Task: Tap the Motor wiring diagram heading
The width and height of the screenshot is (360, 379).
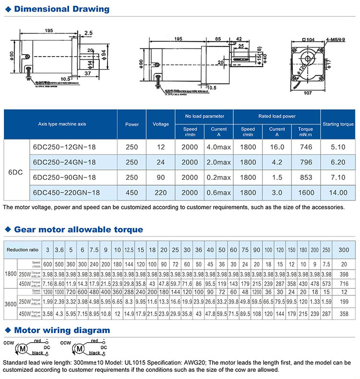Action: (x=62, y=330)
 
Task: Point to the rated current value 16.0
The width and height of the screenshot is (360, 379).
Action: (x=277, y=147)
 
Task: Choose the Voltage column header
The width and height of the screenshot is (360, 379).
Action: (x=161, y=124)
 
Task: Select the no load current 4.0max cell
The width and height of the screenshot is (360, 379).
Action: (x=218, y=147)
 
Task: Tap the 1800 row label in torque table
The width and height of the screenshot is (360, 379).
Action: (x=10, y=273)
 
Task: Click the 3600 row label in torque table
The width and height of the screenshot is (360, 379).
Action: (x=10, y=303)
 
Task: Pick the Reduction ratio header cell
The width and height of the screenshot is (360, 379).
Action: (x=23, y=249)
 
